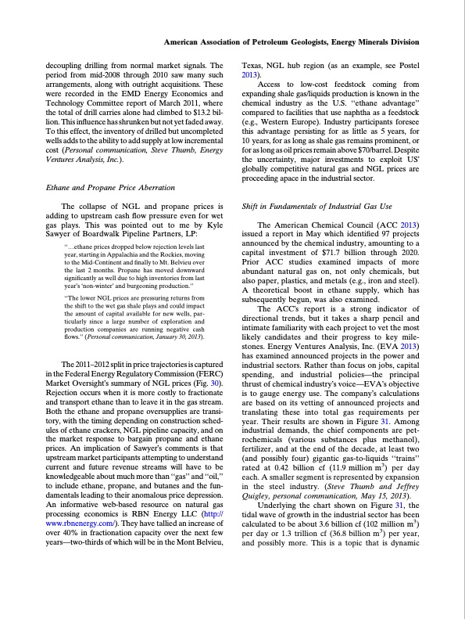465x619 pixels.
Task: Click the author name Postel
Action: [410, 65]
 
